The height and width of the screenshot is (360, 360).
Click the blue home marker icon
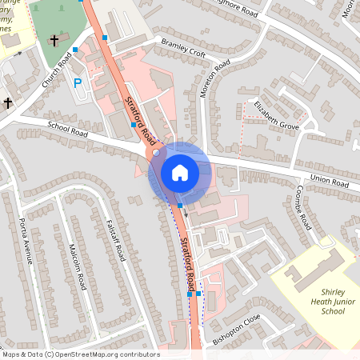pos(180,172)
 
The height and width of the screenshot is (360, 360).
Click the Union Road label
pos(330,181)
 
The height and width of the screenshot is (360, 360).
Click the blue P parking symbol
pos(78,82)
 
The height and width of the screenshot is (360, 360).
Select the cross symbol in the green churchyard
pos(54,39)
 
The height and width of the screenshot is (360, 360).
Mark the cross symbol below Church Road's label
pos(8,102)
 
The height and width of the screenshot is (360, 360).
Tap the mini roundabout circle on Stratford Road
pos(156,152)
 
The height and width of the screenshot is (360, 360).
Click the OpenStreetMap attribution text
pos(81,354)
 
